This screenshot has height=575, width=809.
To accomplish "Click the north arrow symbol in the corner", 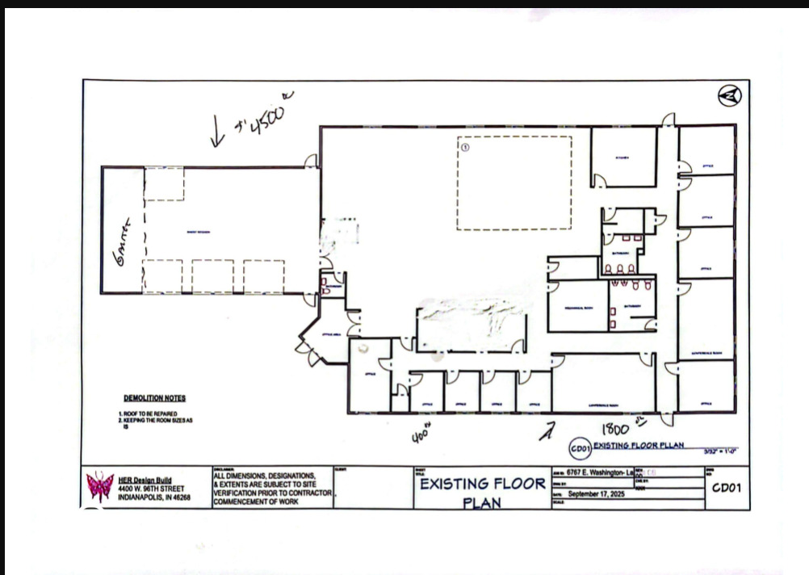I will tap(729, 96).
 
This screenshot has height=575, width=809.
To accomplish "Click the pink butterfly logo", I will tap(100, 487).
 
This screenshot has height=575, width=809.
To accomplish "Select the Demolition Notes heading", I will tap(154, 398).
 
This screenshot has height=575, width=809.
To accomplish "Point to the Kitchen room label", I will tap(622, 157).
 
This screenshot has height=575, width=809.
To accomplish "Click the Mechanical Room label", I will tap(577, 307).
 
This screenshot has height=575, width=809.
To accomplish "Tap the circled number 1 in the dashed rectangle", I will tap(464, 147).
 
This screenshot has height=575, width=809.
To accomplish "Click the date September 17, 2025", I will tap(597, 493).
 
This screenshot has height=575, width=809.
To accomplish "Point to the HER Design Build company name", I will tap(145, 480).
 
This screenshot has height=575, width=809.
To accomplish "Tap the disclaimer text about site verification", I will tap(270, 489).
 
